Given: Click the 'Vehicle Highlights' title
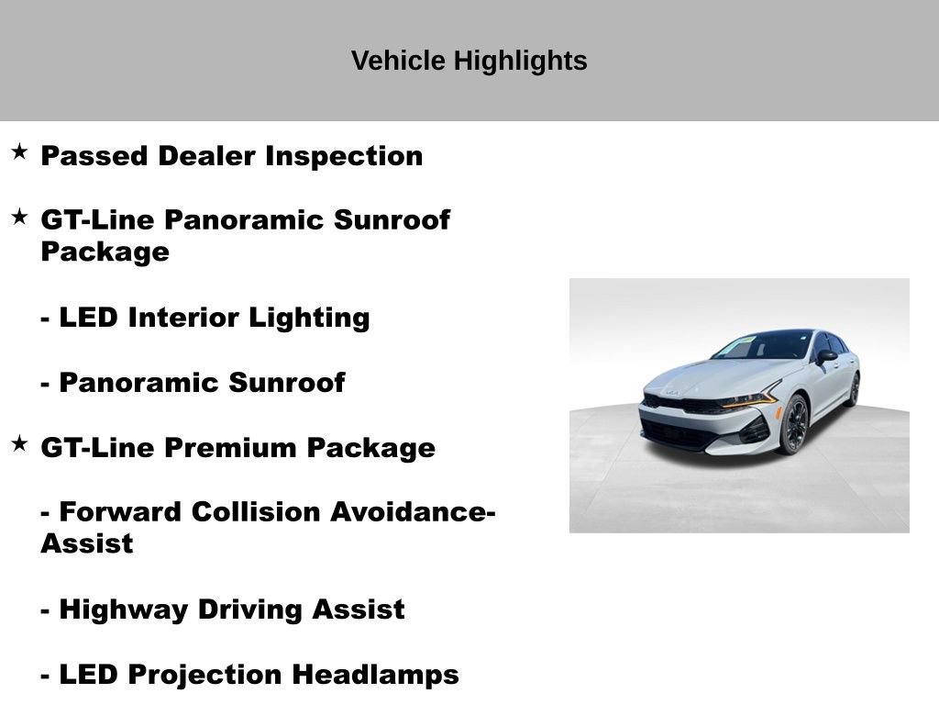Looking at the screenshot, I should [469, 61].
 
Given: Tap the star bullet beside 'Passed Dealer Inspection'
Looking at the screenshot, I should [19, 151].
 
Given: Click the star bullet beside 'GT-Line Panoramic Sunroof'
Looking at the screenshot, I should [19, 217].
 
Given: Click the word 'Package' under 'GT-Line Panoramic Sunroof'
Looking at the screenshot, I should [105, 252].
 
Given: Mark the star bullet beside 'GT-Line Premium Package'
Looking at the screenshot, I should [19, 444].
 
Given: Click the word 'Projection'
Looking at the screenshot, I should [205, 675].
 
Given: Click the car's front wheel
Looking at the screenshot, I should [793, 424].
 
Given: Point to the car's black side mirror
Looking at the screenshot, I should [826, 356].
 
